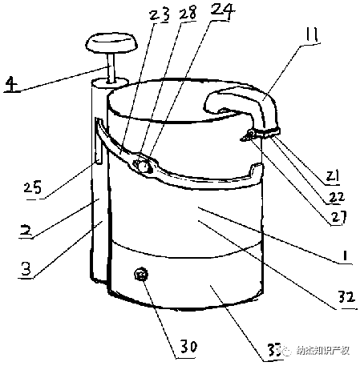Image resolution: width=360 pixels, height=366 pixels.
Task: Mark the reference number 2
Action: click(x=26, y=229)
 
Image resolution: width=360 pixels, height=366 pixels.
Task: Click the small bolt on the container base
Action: click(x=142, y=275)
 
